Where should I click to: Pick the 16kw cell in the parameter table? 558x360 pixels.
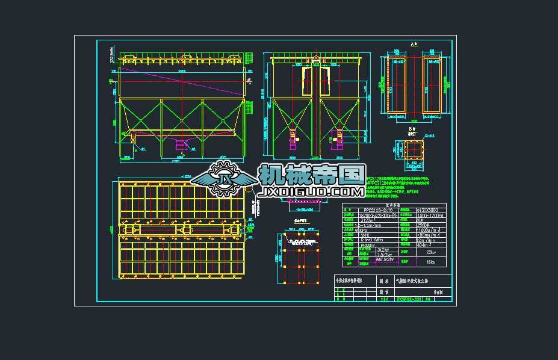(x=430, y=262)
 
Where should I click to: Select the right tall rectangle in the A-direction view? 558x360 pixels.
(x=432, y=85)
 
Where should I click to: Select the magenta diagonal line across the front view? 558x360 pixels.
(x=181, y=81)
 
